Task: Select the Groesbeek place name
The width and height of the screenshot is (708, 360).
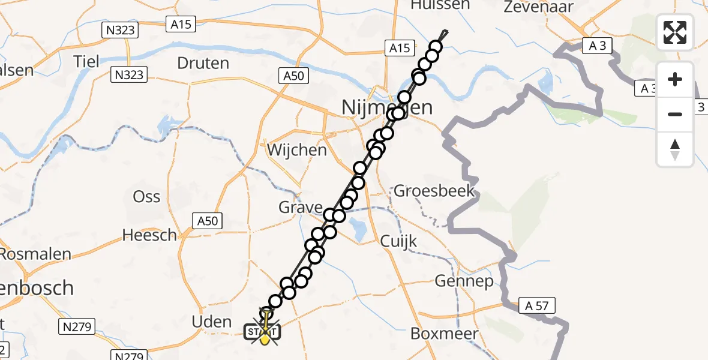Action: click(x=434, y=192)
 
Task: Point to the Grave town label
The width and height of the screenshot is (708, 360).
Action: click(x=301, y=208)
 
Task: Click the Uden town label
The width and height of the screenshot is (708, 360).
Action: click(x=211, y=322)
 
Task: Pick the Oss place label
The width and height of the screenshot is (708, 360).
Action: click(x=146, y=197)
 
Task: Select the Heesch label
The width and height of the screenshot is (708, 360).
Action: click(x=149, y=235)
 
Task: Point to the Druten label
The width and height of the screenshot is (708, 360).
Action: click(x=203, y=63)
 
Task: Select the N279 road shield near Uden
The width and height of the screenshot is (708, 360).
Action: click(x=75, y=326)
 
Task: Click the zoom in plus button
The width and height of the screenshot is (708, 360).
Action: click(x=675, y=79)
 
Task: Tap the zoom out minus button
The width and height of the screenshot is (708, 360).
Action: click(x=675, y=114)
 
